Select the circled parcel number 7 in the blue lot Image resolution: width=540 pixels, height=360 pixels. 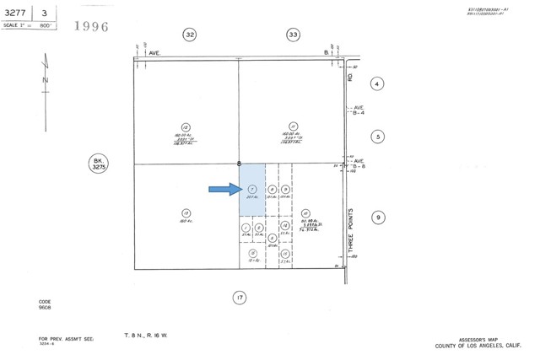tap(252, 190)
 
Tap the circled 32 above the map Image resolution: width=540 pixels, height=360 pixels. tap(190, 35)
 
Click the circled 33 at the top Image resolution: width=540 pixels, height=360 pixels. tap(293, 35)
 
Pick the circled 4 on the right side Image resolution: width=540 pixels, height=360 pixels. tap(378, 83)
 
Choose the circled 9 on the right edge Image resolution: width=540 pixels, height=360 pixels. tap(379, 218)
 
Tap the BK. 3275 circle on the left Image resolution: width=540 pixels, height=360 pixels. tap(100, 164)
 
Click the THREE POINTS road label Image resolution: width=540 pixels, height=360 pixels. tap(352, 229)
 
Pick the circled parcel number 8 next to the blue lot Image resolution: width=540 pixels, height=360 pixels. tap(272, 190)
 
